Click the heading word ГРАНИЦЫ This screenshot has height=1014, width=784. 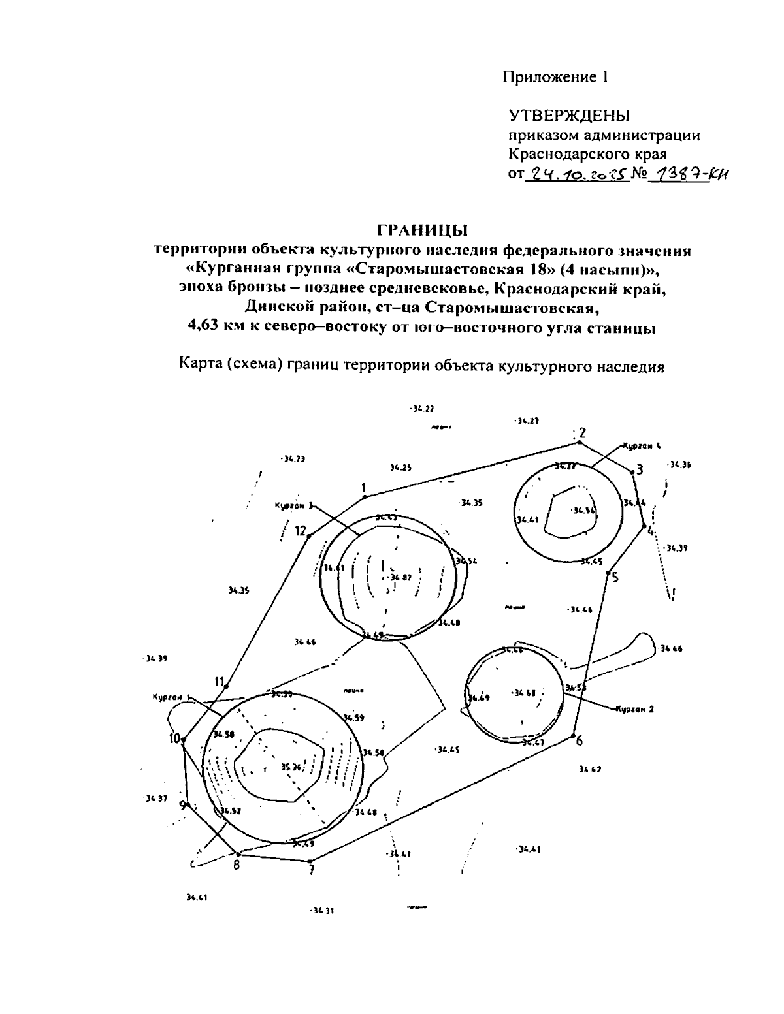pos(423,230)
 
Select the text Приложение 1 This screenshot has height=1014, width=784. pos(555,77)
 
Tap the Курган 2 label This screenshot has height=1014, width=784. pos(634,710)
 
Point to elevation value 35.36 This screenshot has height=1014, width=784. pos(290,767)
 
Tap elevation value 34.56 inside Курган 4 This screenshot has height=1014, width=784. pos(583,511)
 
